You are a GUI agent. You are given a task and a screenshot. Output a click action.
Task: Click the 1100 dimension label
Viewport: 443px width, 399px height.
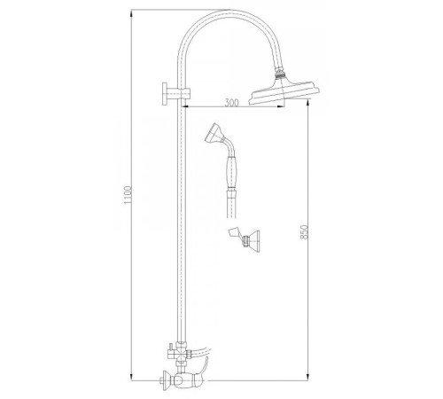pyautogui.click(x=128, y=195)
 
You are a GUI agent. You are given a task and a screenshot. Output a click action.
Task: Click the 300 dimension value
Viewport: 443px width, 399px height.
pyautogui.click(x=231, y=103)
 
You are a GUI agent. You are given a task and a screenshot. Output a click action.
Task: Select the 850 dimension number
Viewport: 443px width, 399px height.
pyautogui.click(x=305, y=232)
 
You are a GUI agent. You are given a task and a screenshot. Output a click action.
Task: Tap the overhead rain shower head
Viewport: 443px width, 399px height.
pyautogui.click(x=284, y=92)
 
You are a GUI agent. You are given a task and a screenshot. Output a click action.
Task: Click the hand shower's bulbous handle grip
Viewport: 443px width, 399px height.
pyautogui.click(x=231, y=172)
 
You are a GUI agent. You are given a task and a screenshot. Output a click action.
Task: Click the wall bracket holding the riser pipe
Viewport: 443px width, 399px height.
pyautogui.click(x=175, y=94)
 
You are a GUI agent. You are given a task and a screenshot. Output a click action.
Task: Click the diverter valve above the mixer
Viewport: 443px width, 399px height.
pyautogui.click(x=180, y=353)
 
